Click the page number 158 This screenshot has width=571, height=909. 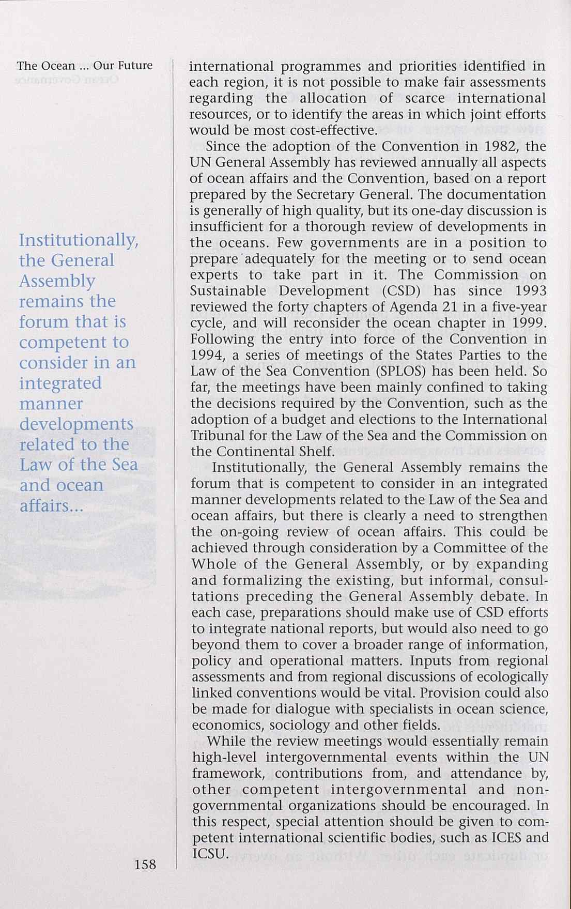[x=145, y=864]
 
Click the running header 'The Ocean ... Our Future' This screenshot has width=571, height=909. [x=85, y=66]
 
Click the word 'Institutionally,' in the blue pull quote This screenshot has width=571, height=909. [x=78, y=241]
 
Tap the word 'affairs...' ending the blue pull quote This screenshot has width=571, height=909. [x=51, y=505]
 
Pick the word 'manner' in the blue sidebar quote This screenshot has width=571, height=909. [x=51, y=403]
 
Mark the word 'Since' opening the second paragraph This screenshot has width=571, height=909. [x=223, y=146]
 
